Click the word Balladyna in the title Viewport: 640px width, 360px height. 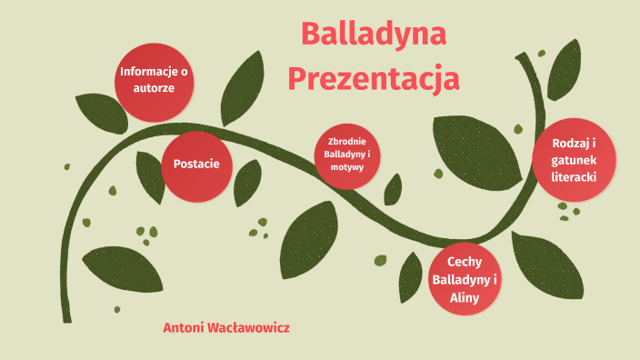click(x=373, y=35)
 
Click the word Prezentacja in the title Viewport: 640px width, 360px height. click(x=373, y=78)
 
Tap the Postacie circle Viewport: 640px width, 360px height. click(x=196, y=164)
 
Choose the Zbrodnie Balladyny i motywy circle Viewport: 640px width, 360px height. click(x=347, y=155)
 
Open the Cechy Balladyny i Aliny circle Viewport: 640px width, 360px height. click(x=464, y=279)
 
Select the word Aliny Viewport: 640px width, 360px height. click(x=464, y=296)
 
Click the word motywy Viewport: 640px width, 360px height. click(x=347, y=168)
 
